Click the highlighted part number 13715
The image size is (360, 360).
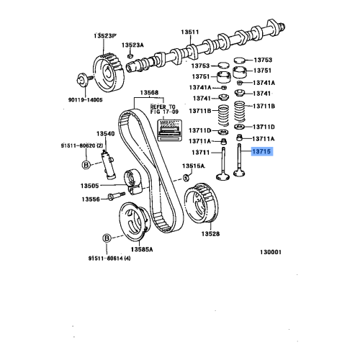261,153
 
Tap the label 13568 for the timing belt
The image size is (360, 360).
149,92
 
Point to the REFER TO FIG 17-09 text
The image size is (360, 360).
162,109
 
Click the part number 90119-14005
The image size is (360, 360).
86,100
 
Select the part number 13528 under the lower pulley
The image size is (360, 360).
210,234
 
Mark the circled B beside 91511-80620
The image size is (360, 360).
86,164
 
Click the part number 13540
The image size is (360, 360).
106,134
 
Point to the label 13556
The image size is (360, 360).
90,199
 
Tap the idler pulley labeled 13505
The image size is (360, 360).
134,178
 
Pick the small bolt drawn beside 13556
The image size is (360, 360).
114,195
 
